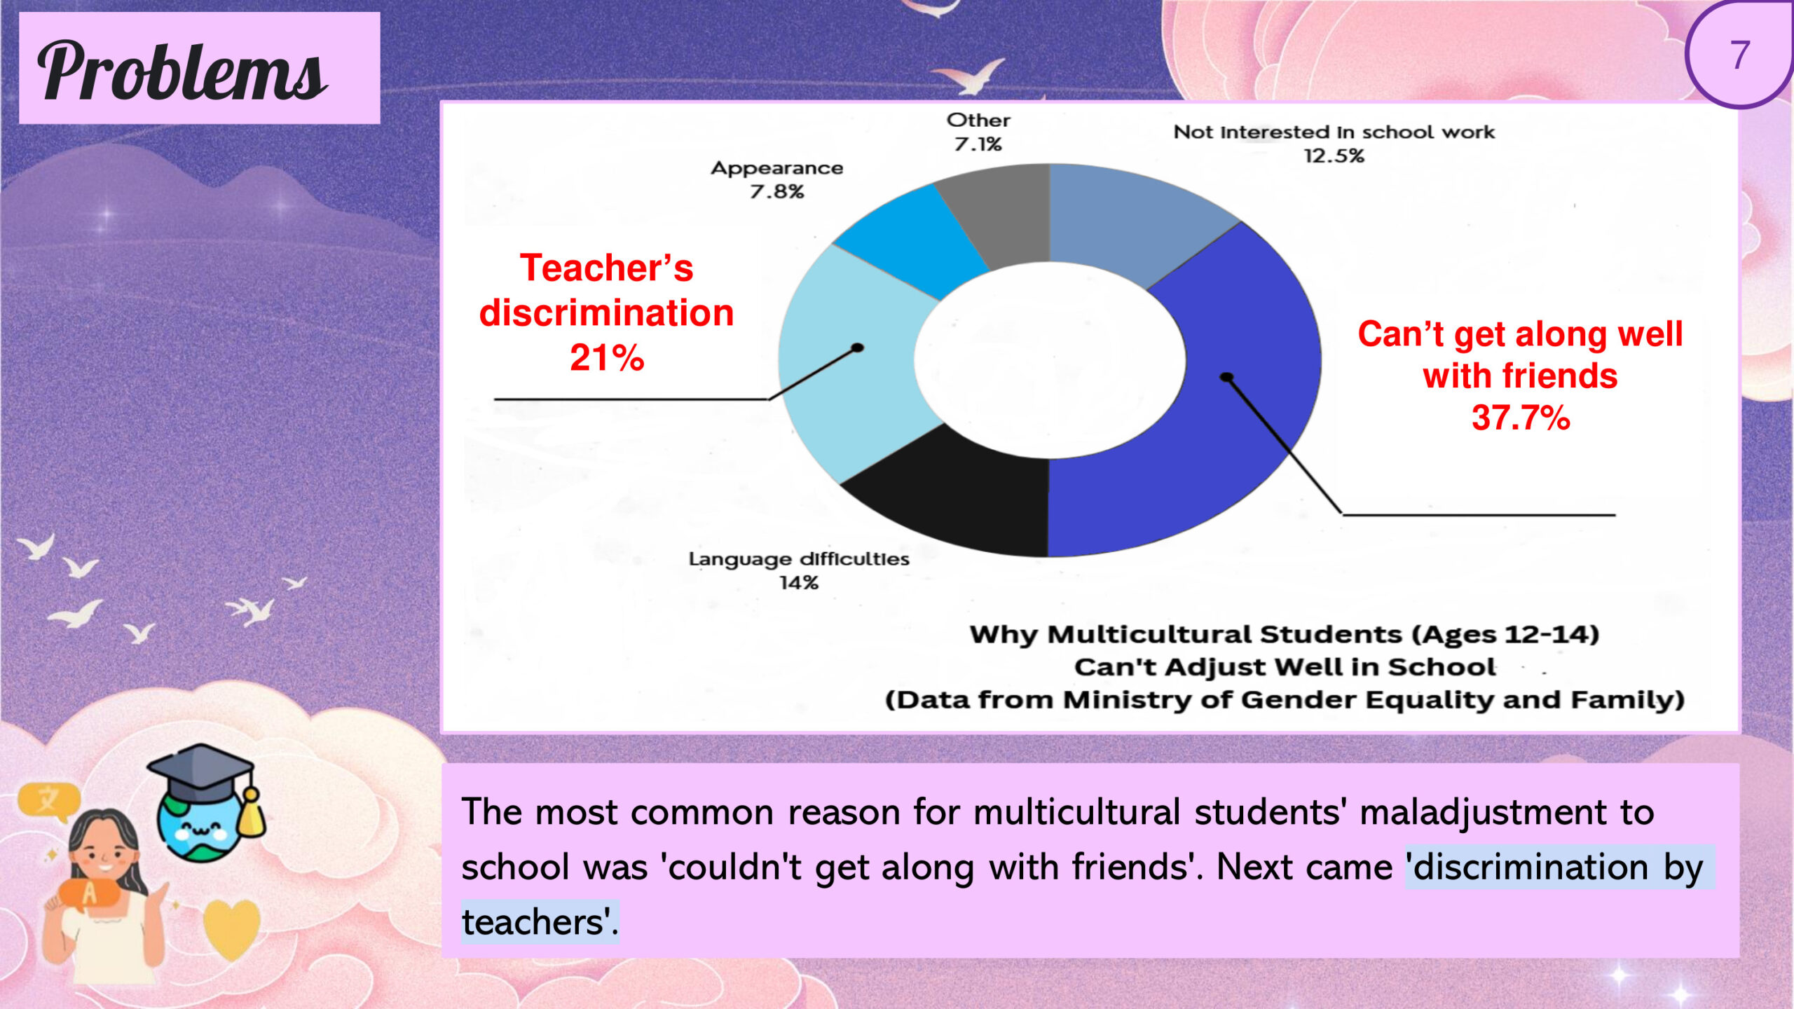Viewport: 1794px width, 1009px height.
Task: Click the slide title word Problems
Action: pos(182,71)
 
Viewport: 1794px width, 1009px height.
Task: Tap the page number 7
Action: pos(1740,55)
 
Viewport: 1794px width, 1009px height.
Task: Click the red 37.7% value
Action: pos(1521,418)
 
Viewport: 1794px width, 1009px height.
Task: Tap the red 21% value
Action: pos(607,358)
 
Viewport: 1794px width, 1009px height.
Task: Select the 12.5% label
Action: pos(1334,156)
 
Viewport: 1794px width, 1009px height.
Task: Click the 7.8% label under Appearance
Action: pos(776,192)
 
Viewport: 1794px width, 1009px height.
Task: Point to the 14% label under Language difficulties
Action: pos(799,583)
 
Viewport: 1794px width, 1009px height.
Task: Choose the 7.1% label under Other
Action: pos(978,144)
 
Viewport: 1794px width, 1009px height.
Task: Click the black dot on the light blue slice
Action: pos(857,348)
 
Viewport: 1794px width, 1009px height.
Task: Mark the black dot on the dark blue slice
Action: pos(1226,378)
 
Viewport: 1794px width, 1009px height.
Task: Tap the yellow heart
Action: pos(231,928)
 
